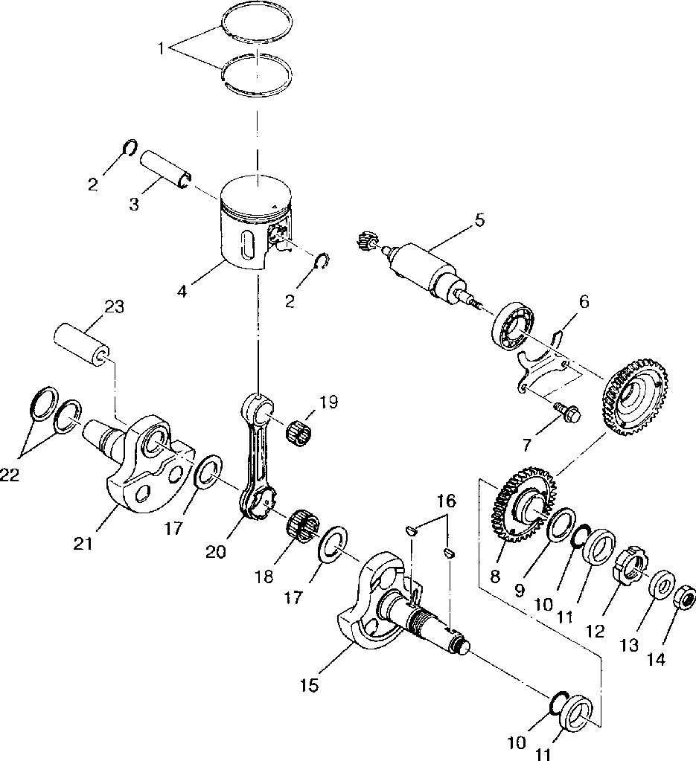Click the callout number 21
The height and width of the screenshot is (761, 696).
(x=83, y=544)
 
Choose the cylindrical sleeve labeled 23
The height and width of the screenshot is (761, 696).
(x=82, y=343)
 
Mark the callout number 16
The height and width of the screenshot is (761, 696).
(x=444, y=501)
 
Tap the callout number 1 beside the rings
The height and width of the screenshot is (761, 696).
(x=161, y=50)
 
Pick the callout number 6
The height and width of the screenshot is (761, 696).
(x=584, y=301)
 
